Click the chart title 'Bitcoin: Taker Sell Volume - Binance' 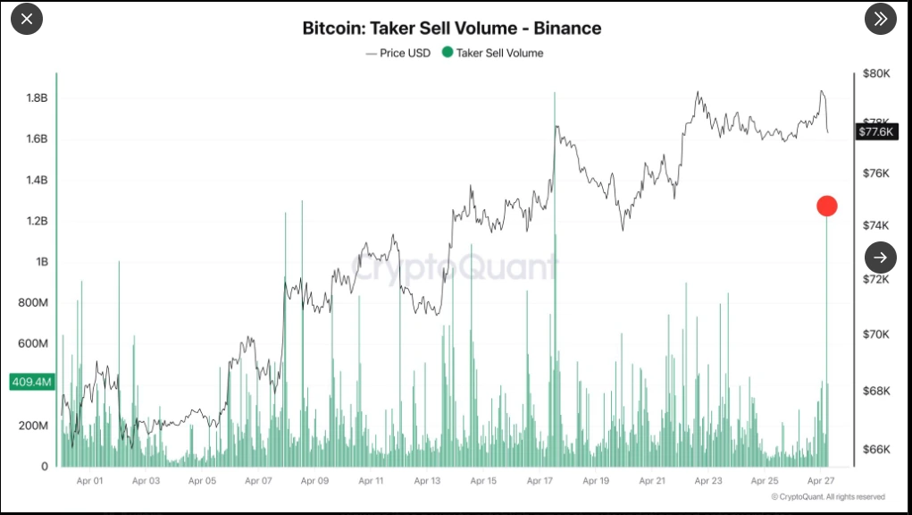coord(451,28)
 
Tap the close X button coord(27,19)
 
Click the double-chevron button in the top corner coord(881,19)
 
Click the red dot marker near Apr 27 coord(826,206)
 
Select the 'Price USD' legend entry coord(398,53)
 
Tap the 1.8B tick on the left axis coord(36,97)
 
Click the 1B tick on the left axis coord(41,262)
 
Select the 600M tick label coord(34,343)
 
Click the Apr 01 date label coord(89,481)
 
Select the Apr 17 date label coord(540,481)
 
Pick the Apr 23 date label coord(708,481)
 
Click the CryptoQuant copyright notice coord(827,497)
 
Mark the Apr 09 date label coord(314,481)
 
